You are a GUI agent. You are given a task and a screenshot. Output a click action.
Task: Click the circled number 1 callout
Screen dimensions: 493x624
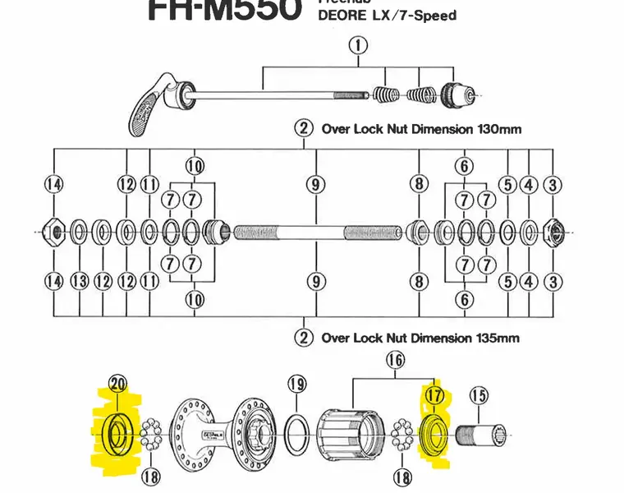[358, 46]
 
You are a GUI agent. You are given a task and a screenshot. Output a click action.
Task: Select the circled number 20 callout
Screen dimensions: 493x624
[117, 384]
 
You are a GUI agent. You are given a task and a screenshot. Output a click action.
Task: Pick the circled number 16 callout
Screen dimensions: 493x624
[396, 359]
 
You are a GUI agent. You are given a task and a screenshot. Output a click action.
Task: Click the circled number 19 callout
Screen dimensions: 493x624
[297, 384]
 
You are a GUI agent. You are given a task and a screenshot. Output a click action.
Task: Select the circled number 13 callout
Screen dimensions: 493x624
[79, 282]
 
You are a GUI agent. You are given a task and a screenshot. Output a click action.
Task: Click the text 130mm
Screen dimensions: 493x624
[495, 129]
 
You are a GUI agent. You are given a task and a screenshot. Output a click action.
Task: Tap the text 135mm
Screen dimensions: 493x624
[495, 338]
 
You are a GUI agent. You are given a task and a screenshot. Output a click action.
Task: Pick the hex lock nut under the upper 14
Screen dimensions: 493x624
[54, 233]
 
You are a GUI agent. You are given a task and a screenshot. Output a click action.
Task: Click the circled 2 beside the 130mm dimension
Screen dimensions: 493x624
[304, 129]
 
